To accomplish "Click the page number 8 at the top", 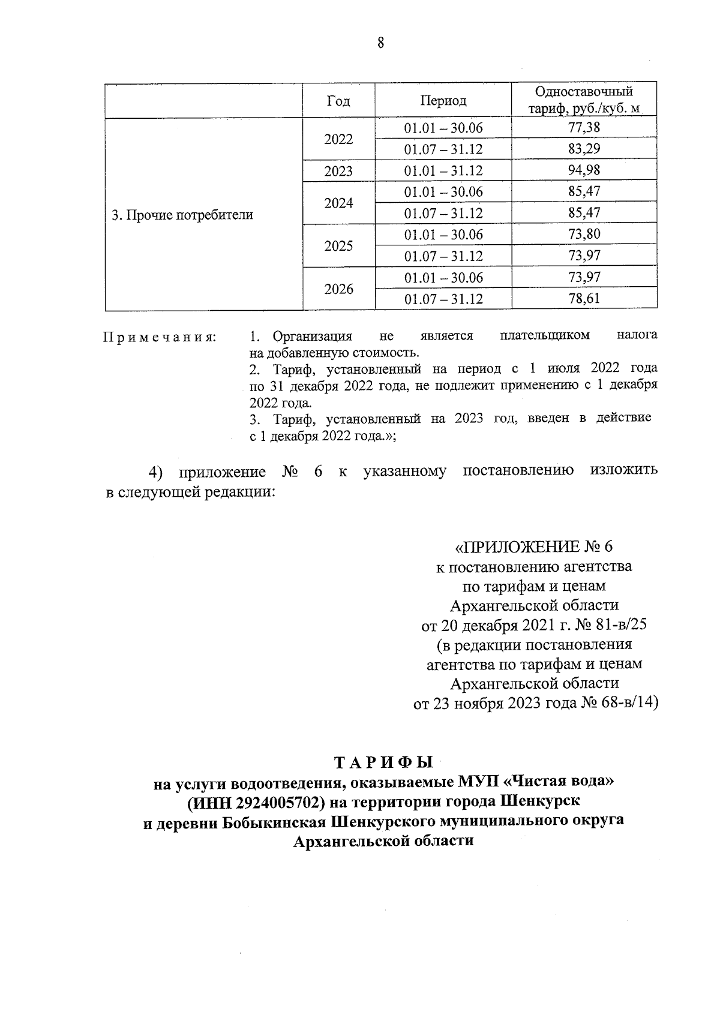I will (x=380, y=44).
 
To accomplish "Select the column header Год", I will (x=338, y=101).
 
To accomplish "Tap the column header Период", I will (x=443, y=101).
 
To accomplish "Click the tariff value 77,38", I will (x=584, y=128).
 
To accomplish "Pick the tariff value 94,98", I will (x=584, y=170).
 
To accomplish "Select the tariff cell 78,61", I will (x=584, y=299).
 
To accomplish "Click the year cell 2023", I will (x=338, y=172).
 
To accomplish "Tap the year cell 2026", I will (x=338, y=289).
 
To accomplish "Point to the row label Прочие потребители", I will (x=182, y=215).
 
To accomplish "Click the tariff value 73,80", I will (x=584, y=235).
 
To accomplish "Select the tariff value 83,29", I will (x=584, y=149).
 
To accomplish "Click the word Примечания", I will (x=160, y=337).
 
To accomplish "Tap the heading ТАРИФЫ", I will (x=383, y=763).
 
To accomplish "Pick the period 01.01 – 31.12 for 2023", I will (x=443, y=172).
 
